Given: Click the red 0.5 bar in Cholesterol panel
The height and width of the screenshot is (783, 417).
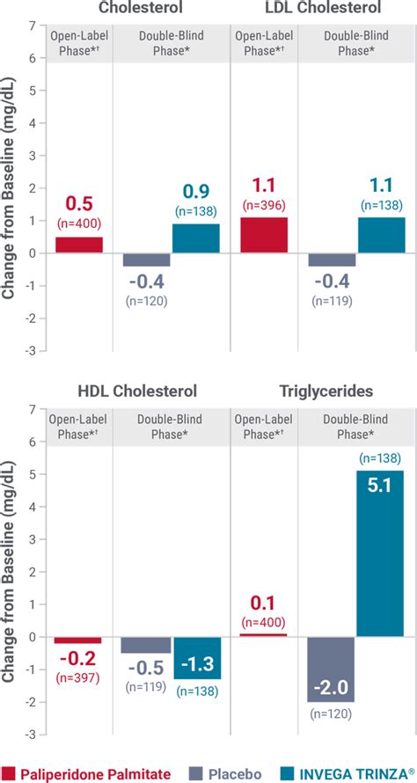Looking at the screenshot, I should (78, 245).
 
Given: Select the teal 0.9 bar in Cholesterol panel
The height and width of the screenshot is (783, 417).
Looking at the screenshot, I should (195, 238).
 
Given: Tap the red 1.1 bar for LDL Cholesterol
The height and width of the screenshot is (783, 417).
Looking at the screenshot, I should (263, 235).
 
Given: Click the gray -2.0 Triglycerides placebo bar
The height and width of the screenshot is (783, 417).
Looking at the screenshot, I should (331, 669).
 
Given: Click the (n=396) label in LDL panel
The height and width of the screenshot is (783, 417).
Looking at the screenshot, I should (263, 205).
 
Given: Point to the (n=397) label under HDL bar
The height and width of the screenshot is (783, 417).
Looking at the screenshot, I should (78, 677).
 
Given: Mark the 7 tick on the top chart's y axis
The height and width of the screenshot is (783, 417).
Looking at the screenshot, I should (32, 26).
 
